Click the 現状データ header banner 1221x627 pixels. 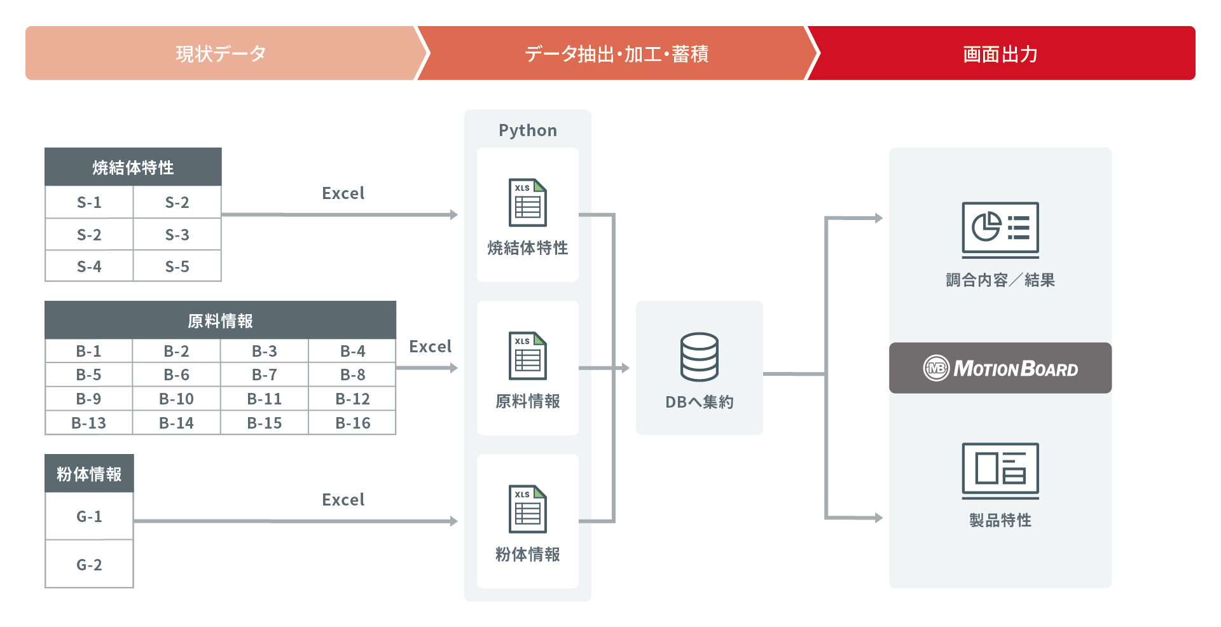220,53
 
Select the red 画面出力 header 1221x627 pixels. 1000,54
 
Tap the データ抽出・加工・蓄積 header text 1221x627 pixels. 616,54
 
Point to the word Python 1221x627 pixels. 528,130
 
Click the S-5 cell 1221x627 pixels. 177,266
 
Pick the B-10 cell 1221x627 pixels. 176,399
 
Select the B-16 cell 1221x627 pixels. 352,423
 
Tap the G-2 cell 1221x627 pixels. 89,565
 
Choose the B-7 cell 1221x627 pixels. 264,375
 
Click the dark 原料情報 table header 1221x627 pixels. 220,320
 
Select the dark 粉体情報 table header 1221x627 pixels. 89,474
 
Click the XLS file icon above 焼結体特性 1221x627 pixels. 527,203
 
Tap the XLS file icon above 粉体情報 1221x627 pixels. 527,509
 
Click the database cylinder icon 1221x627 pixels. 700,357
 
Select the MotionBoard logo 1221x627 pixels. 1000,368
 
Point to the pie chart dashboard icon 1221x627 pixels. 1000,228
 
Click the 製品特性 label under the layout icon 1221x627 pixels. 1000,520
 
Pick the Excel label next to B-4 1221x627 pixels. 430,347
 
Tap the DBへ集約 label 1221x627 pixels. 700,402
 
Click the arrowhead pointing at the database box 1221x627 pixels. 626,368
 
